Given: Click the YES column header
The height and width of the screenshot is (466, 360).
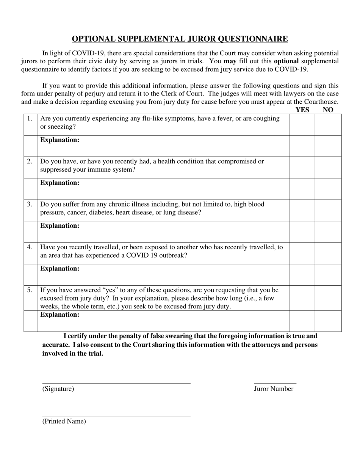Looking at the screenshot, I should tap(302, 110).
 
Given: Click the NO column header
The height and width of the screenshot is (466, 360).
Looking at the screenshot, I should tap(328, 110).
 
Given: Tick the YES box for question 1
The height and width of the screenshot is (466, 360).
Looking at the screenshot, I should tap(302, 124).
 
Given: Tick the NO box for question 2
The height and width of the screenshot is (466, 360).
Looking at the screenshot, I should tap(328, 167).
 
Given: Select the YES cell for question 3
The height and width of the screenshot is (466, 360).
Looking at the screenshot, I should tap(302, 210).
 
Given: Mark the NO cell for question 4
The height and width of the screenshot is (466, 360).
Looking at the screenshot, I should tap(328, 253).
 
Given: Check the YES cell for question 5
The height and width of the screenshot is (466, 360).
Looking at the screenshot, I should tap(302, 297).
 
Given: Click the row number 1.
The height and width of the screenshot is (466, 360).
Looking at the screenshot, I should tap(30, 119).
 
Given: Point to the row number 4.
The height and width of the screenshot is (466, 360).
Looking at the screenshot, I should tap(30, 247).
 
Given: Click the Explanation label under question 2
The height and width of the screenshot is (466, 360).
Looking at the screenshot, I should tap(59, 183).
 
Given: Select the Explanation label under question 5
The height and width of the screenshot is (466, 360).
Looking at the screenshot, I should tap(59, 314).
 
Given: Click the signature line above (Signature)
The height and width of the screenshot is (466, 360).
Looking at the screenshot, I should tap(116, 383).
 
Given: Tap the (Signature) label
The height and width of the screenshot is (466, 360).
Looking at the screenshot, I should tap(58, 389).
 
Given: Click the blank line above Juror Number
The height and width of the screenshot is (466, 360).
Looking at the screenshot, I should tap(275, 383).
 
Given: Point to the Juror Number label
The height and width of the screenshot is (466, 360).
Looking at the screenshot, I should tap(274, 389).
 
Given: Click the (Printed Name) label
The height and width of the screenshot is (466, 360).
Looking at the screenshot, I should tap(64, 421).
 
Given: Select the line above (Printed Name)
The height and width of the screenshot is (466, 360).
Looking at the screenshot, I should tap(116, 416).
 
